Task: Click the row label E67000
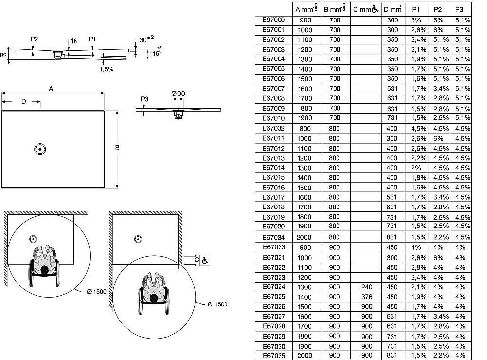[x=274, y=20]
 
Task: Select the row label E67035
[x=274, y=355]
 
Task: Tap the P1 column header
[x=415, y=9]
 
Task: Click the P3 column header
[x=459, y=9]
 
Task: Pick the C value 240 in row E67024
[x=367, y=286]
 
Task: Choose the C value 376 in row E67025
[x=367, y=297]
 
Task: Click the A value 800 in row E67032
[x=305, y=128]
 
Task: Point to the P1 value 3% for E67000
[x=415, y=20]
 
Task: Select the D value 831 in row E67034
[x=392, y=237]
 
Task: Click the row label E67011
[x=274, y=138]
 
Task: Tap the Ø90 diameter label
[x=178, y=93]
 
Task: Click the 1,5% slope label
[x=106, y=69]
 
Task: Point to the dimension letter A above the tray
[x=51, y=88]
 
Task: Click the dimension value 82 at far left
[x=4, y=56]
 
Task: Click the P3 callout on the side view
[x=144, y=99]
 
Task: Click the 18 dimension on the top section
[x=74, y=42]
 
